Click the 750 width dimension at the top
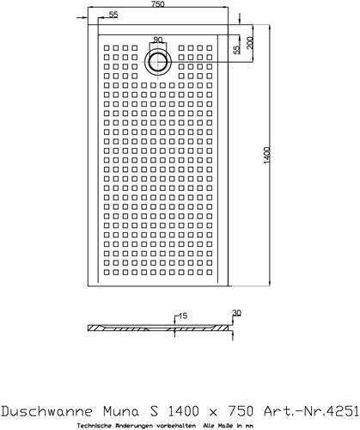point(158,4)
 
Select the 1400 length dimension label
point(266,156)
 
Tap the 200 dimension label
point(250,43)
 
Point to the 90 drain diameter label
point(158,40)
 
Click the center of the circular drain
point(158,62)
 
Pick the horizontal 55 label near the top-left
point(113,15)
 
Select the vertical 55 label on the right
point(236,50)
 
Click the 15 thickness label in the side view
point(183,316)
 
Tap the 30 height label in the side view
point(237,313)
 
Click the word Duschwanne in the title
point(47,411)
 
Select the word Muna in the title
point(120,411)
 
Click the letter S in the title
point(154,411)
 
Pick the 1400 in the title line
point(183,411)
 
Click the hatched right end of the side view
point(223,328)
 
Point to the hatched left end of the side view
point(95,328)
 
